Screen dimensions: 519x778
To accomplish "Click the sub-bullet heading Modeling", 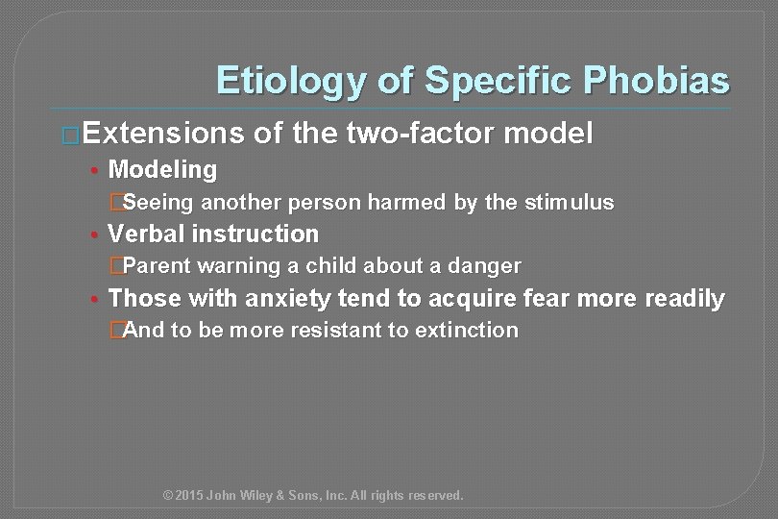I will point(163,170).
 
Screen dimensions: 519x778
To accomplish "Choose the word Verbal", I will point(147,234).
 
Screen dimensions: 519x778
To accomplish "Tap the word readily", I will point(683,298).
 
